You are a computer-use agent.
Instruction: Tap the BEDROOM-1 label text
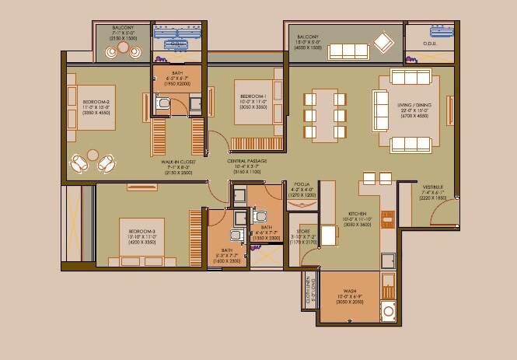[x=254, y=96]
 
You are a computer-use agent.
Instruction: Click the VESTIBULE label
[x=433, y=187]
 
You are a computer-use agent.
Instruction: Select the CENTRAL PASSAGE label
[x=247, y=161]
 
